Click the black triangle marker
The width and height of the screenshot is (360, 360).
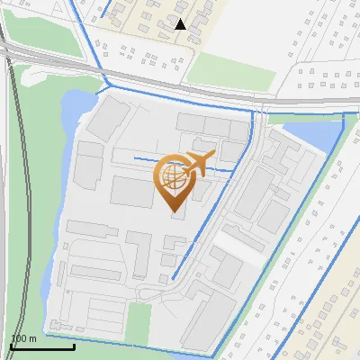181,24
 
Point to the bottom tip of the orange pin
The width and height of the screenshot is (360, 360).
172,210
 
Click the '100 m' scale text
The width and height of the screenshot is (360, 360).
22,338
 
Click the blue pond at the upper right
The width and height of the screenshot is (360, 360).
318,136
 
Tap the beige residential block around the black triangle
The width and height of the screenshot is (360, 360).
162,27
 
